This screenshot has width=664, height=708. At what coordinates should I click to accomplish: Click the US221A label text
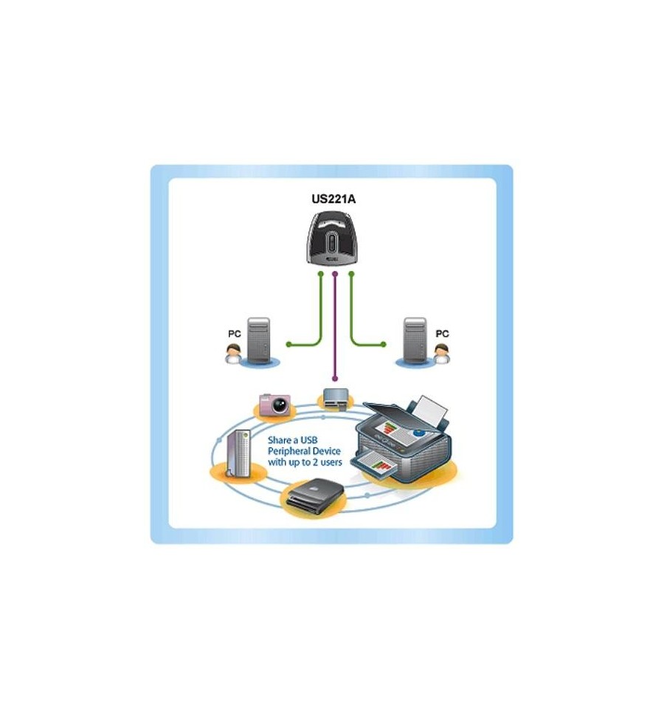pos(333,199)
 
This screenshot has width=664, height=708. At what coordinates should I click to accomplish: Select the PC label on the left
pos(234,334)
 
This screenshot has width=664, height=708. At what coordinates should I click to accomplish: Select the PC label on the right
pos(442,334)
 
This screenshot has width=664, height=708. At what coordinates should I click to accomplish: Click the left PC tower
pos(259,340)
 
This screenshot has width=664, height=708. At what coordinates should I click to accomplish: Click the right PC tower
pos(415,340)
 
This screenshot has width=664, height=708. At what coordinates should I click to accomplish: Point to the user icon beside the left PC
pos(233,354)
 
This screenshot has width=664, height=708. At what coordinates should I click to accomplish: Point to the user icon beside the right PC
pos(442,354)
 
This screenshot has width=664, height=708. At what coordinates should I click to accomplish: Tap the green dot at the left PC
pos(288,345)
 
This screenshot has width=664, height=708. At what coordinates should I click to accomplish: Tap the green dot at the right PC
pos(384,345)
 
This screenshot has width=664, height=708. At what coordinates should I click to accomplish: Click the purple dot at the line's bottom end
pos(334,379)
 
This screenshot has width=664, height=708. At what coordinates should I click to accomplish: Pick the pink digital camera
pos(275,405)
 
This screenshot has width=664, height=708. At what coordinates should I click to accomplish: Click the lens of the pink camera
pos(280,406)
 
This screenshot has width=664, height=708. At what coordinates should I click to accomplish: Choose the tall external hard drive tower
pos(238,453)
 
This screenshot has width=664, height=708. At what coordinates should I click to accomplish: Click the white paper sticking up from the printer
pos(432,410)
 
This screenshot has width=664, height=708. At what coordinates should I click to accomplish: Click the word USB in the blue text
pos(309,440)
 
